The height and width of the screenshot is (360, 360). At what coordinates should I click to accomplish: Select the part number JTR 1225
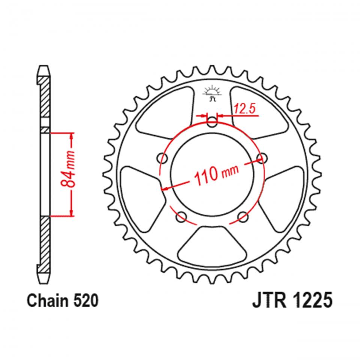coord(289,301)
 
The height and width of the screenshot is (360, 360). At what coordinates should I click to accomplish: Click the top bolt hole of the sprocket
coord(213,121)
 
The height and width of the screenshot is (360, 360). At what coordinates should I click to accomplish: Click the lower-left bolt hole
coord(182,216)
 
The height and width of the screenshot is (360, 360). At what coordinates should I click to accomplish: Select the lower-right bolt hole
coord(243,216)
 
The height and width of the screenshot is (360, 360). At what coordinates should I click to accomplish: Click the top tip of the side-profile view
coord(43,67)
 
